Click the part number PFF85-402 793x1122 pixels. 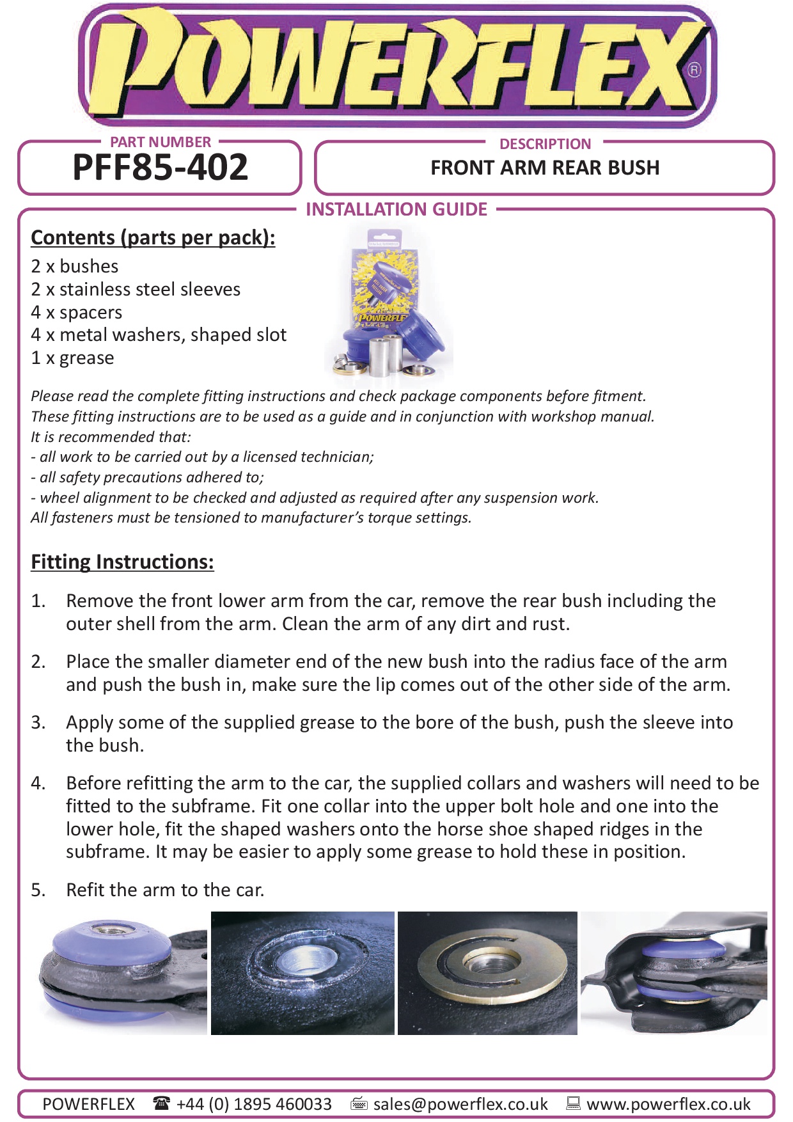(160, 168)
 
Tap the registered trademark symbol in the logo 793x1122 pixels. (695, 70)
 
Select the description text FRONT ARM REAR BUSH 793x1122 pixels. (545, 168)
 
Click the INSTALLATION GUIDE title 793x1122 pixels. (396, 209)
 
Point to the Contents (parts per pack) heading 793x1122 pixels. (153, 237)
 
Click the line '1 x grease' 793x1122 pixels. (72, 358)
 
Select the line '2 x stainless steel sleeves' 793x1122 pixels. (136, 289)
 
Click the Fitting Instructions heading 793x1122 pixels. (122, 562)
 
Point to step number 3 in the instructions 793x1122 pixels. (38, 722)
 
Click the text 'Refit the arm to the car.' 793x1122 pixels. (165, 890)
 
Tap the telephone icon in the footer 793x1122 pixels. (162, 1103)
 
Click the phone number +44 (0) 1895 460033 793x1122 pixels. (254, 1104)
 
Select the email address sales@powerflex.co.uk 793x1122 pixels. (460, 1104)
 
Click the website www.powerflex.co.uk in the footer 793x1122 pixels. (668, 1104)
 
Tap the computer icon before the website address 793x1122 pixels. (574, 1103)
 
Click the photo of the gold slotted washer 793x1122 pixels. (487, 973)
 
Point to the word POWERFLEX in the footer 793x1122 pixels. (88, 1104)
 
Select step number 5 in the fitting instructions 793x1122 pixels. (38, 890)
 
